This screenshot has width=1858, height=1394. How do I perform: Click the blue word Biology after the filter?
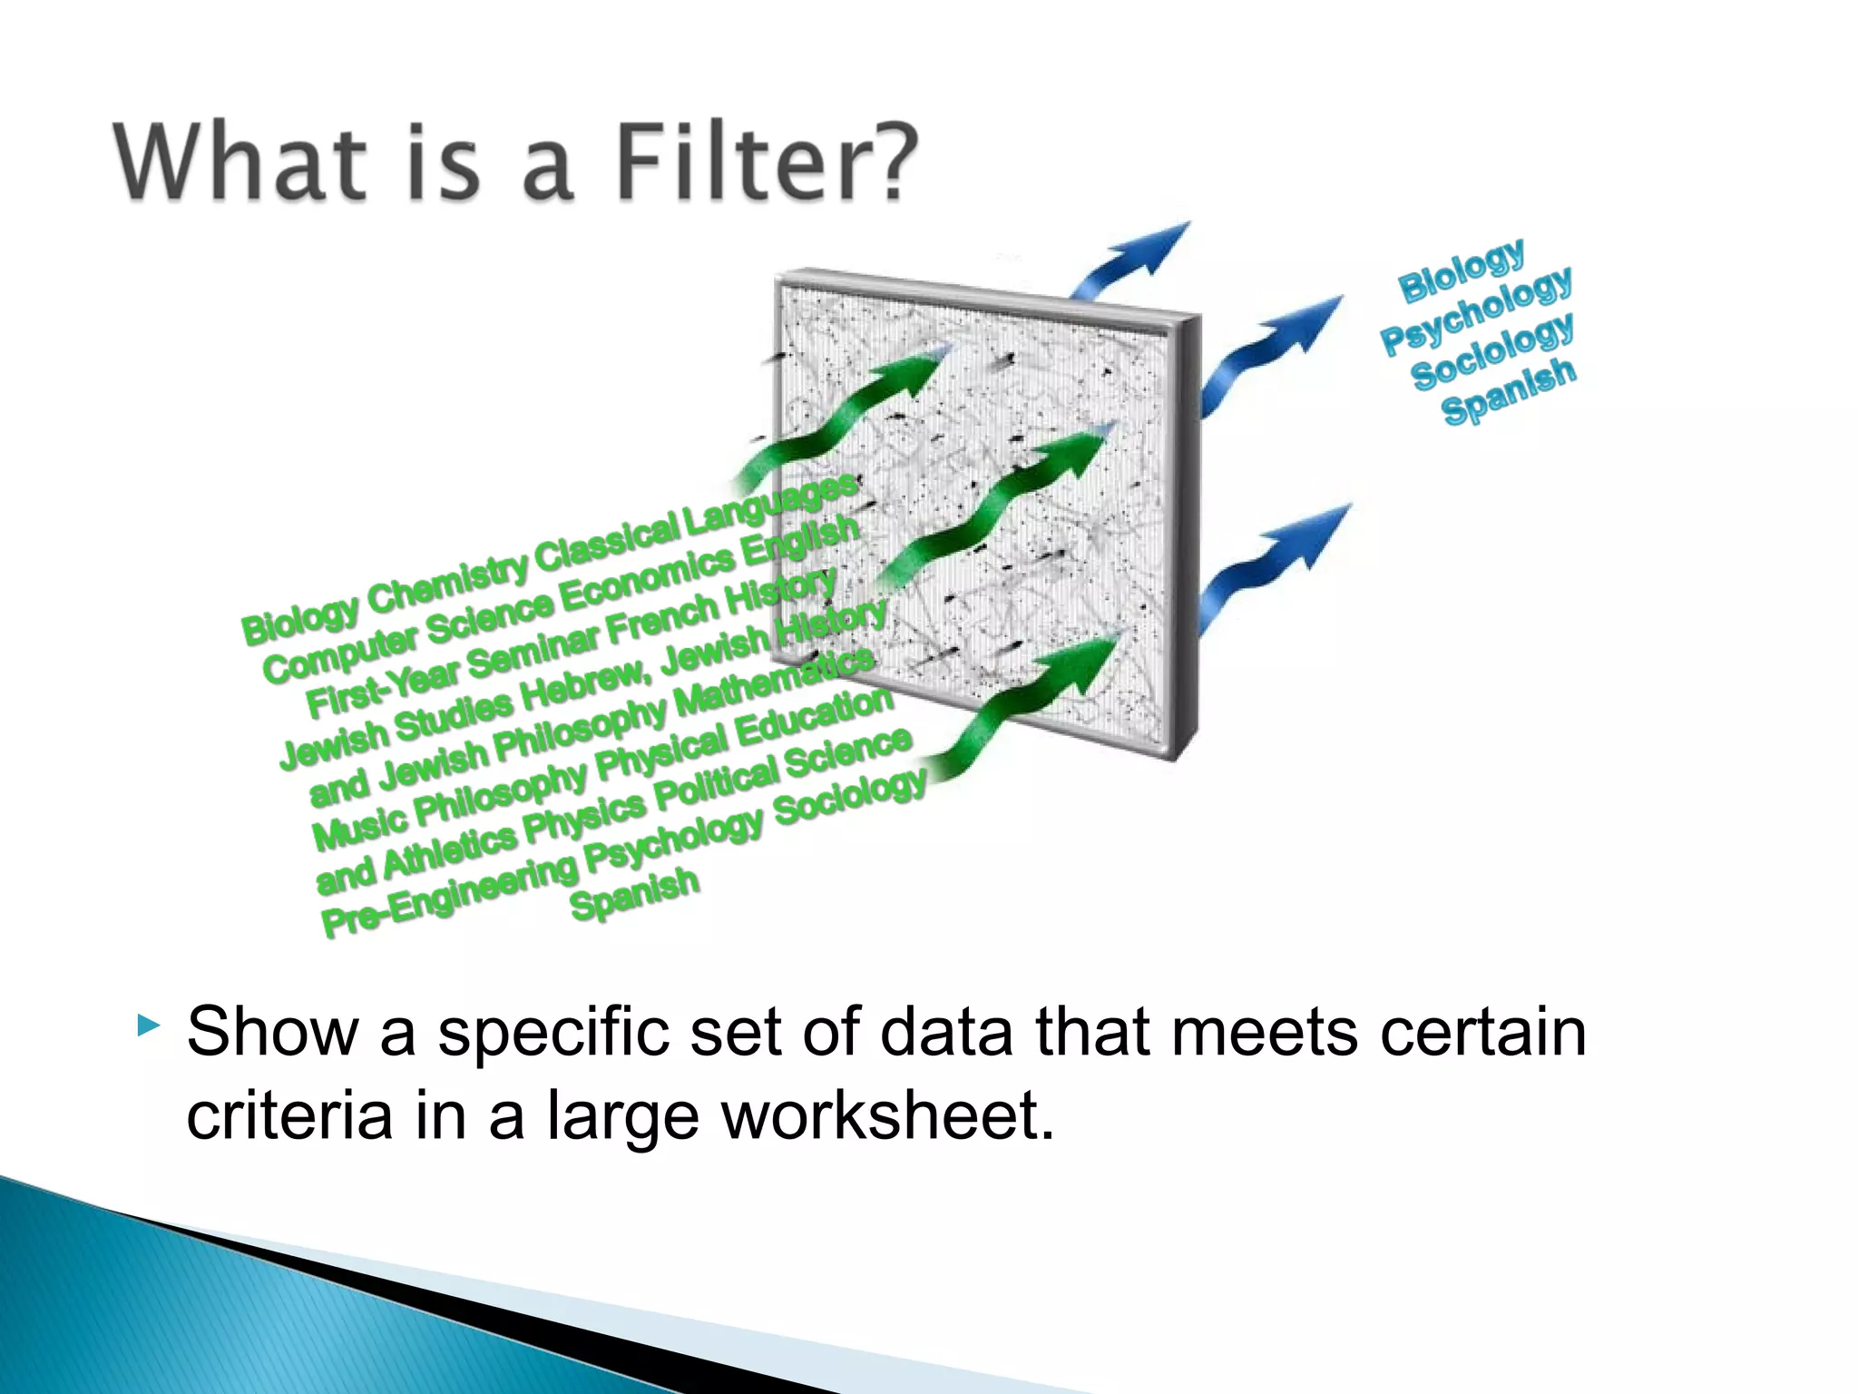click(1462, 271)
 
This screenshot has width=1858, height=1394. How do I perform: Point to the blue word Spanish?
click(1509, 390)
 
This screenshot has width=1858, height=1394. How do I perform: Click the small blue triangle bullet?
click(148, 1026)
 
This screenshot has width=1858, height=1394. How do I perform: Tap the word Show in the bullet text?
click(272, 1032)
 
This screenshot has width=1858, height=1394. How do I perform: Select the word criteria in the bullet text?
click(289, 1115)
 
